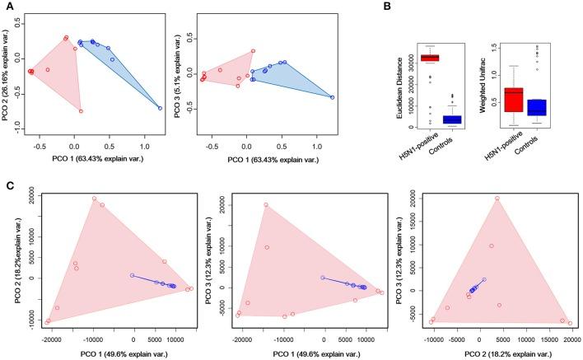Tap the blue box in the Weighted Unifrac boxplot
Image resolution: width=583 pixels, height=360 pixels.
539,108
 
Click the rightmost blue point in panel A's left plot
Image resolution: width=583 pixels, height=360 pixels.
160,108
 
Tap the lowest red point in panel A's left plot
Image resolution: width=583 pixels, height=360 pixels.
81,110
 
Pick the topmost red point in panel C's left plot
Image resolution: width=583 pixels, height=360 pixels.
94,199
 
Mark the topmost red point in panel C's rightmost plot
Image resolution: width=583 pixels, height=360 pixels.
497,198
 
